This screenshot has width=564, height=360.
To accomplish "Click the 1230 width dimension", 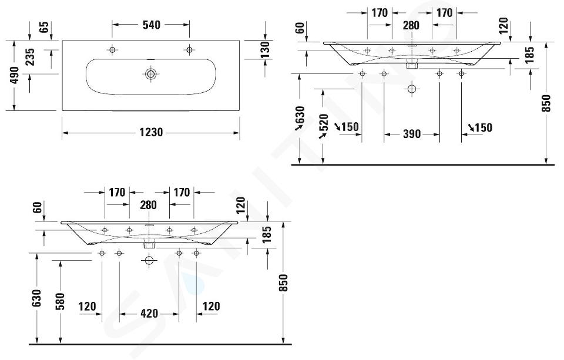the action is pos(151,132).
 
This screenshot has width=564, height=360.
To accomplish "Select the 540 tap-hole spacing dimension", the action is pos(152,25).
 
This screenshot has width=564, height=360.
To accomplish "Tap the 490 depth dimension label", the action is pos(15,75).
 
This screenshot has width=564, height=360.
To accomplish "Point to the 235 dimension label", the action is pos(30,57).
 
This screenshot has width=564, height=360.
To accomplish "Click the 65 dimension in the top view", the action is pos(44,28).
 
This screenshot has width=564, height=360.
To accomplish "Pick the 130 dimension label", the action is pos(265,50).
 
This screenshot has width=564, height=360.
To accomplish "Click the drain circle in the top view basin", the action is pos(151,74).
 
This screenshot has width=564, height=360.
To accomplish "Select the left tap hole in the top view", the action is pos(112,50).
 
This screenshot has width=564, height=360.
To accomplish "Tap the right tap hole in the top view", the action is pos(189,50).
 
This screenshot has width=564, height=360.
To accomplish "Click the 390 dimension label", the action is pos(412,134).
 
